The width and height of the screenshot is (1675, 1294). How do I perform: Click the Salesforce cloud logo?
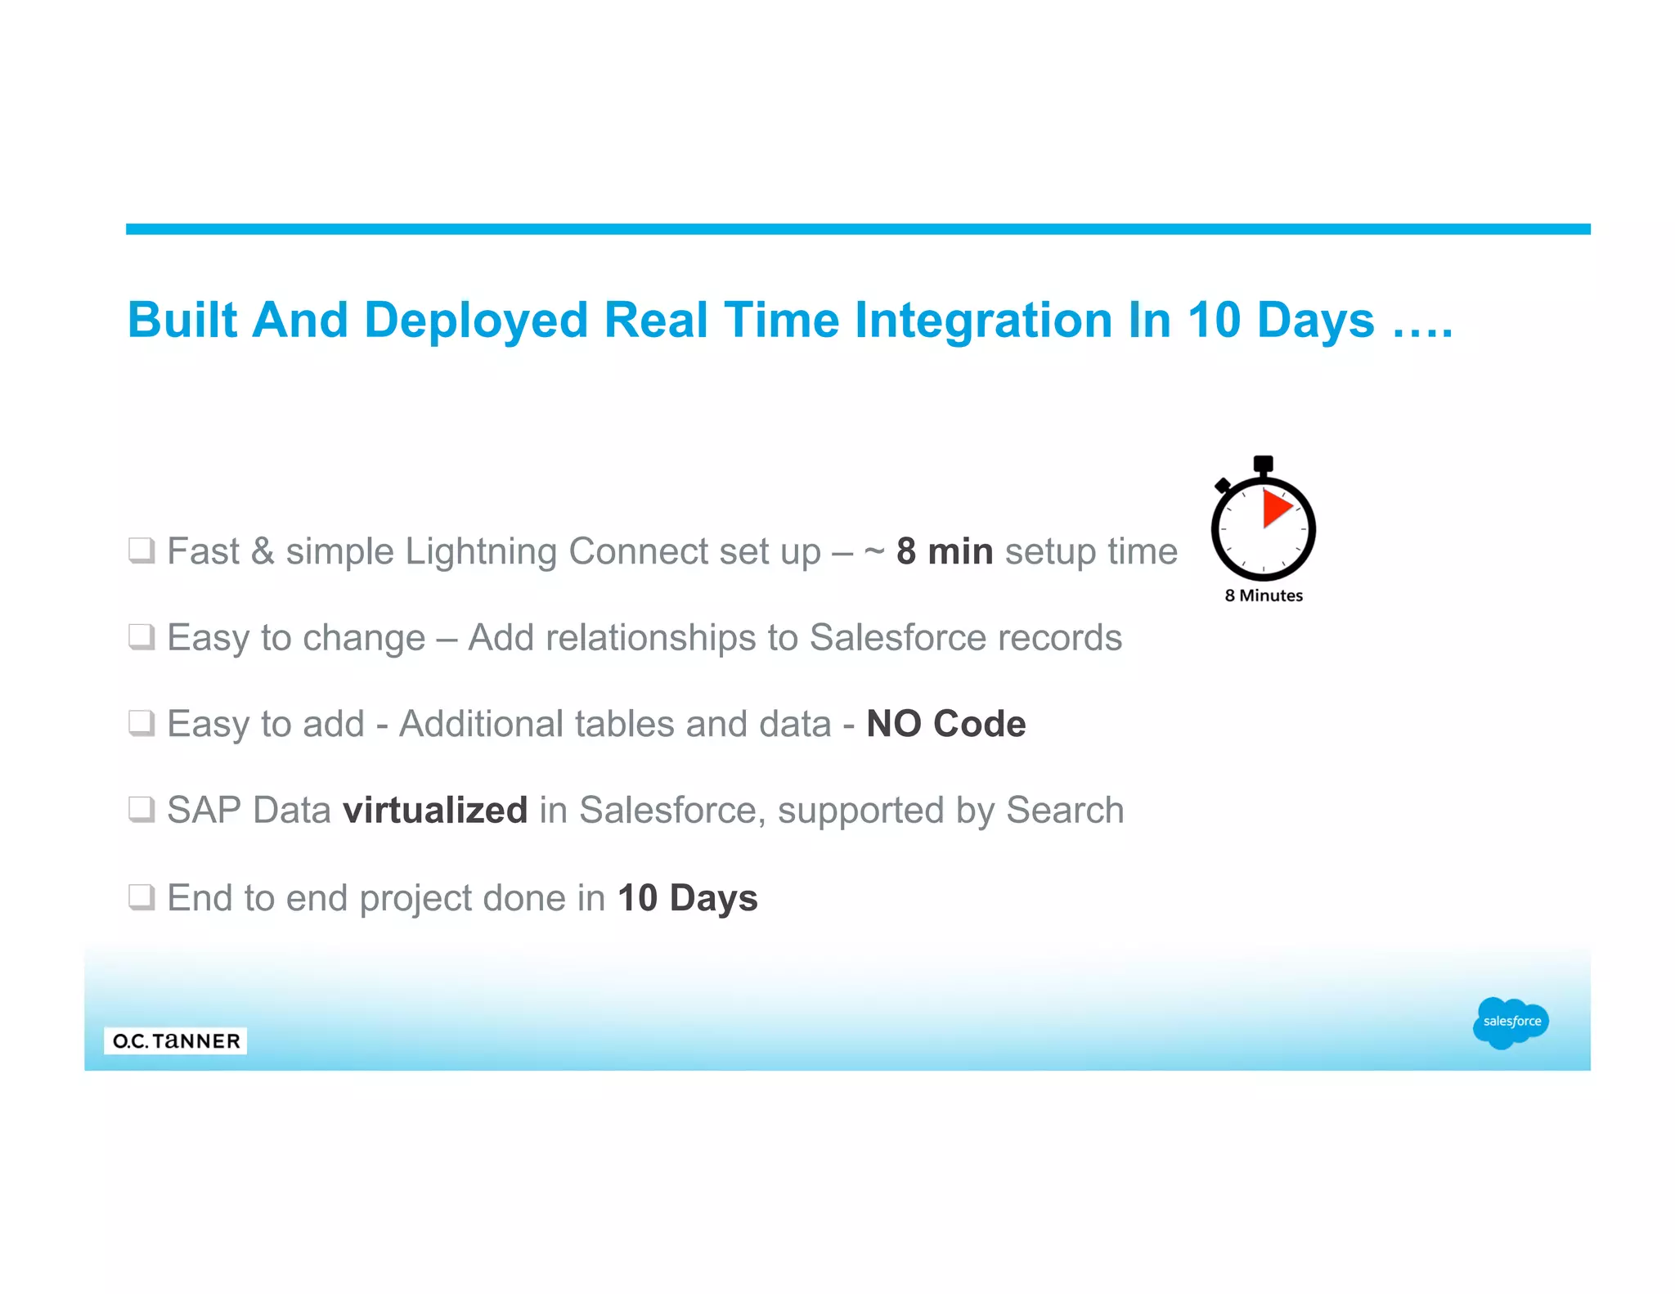point(1510,1022)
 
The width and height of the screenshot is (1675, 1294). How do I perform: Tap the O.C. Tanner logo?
point(176,1040)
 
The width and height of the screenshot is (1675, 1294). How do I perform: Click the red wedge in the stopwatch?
point(1275,508)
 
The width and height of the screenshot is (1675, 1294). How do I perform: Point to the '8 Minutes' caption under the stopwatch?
point(1264,595)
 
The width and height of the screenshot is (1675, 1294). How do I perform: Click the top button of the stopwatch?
point(1263,464)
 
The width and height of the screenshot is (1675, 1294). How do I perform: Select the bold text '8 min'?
point(945,551)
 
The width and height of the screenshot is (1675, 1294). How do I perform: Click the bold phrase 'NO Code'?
point(945,724)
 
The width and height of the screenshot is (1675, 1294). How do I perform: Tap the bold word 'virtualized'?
point(435,811)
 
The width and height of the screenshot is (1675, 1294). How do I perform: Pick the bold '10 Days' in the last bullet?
point(688,898)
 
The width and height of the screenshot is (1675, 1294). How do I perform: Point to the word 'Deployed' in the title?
point(476,320)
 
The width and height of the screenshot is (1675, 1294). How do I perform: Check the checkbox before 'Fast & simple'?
point(141,550)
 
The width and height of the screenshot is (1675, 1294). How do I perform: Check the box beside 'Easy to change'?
point(141,636)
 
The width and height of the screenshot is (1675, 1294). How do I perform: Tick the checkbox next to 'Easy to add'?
point(141,723)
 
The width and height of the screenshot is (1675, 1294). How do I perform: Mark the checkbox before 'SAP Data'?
point(141,810)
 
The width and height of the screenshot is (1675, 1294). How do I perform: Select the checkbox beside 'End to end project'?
point(141,897)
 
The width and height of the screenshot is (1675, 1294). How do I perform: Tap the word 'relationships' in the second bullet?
point(650,638)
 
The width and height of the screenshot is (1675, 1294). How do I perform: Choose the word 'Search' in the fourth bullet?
point(1065,811)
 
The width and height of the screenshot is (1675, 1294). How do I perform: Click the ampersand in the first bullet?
point(263,551)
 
